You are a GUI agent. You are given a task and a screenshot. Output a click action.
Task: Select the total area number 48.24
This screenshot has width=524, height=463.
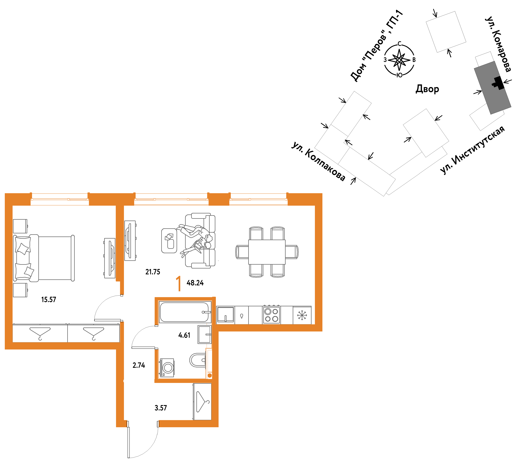tap(195, 283)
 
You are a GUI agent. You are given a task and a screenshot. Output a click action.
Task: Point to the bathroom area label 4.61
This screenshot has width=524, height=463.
tap(184, 335)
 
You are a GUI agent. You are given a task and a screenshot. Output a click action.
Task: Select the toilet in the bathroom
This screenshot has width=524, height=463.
tap(198, 360)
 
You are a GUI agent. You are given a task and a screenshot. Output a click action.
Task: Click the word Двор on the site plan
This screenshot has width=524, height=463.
tap(427, 89)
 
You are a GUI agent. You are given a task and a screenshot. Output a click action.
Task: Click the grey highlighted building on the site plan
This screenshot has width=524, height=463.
tap(492, 88)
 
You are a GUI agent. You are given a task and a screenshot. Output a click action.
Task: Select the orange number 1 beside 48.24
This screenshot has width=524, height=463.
tap(179, 283)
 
